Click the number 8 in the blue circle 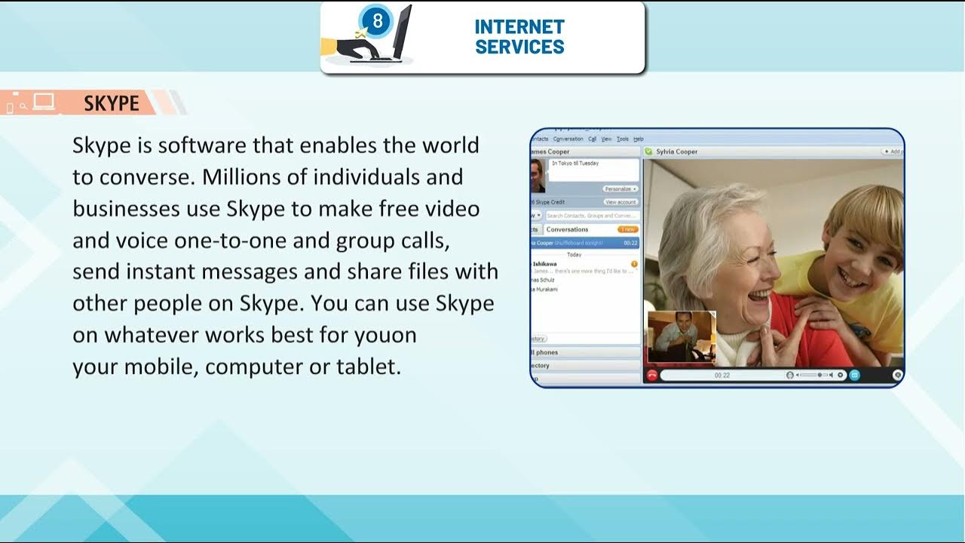[x=378, y=21]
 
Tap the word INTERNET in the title [x=519, y=27]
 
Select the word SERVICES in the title [x=519, y=47]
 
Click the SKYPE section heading [x=112, y=103]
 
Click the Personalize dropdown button [x=620, y=189]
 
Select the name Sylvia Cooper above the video [x=676, y=152]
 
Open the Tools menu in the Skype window [x=622, y=139]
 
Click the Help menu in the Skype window [x=639, y=139]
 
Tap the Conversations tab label [x=567, y=229]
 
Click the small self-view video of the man [x=682, y=336]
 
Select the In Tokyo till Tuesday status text [x=575, y=164]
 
